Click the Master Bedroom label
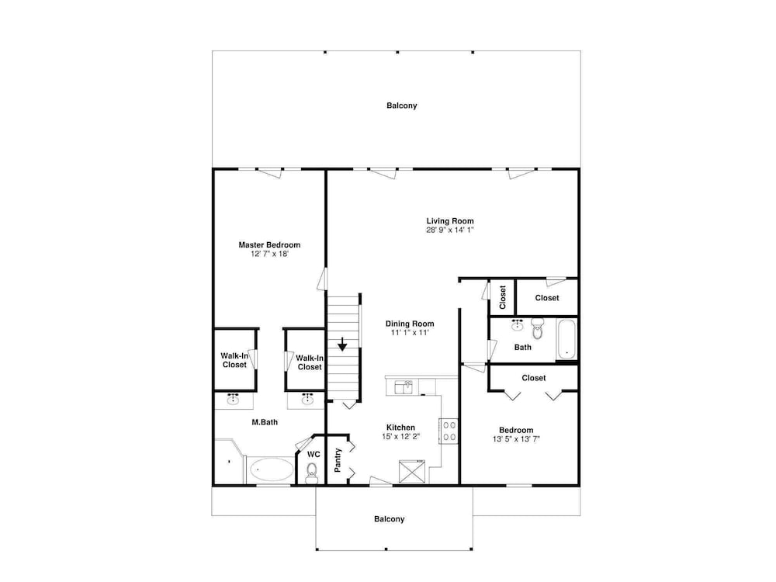269,245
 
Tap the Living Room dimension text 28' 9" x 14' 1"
450,230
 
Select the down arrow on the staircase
342,345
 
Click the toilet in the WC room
312,473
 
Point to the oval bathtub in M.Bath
271,469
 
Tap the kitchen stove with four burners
449,431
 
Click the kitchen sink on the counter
404,387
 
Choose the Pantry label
338,460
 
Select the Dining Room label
410,324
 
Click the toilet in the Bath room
538,328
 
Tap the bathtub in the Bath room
566,339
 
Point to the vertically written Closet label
503,297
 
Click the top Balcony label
402,106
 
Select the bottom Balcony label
390,518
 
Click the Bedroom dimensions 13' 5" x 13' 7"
516,438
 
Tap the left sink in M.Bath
233,400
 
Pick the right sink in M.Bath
308,400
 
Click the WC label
314,454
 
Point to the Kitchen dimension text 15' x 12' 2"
401,436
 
